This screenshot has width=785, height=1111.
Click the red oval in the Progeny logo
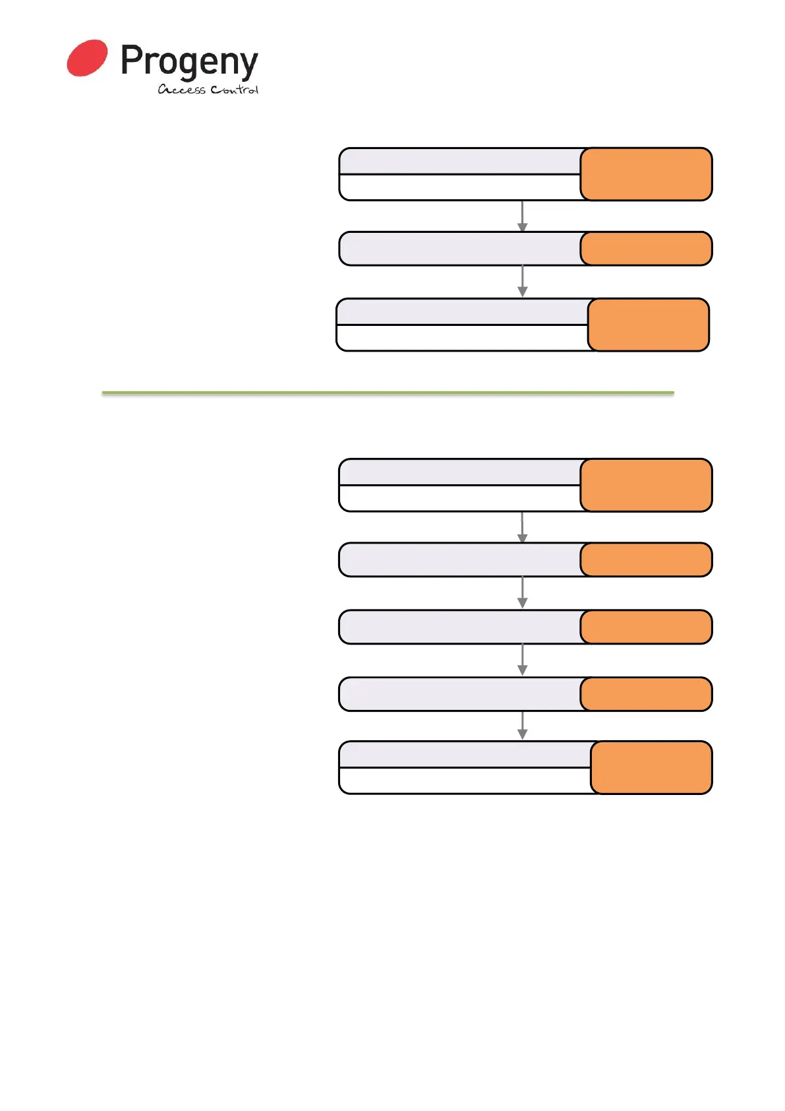87,58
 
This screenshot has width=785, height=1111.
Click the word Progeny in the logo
189,63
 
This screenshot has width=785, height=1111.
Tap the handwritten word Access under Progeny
181,90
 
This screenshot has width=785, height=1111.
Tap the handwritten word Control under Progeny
234,90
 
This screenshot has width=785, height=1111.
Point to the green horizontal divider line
388,393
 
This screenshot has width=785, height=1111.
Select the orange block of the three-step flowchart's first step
646,174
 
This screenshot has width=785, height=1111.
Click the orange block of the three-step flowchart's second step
646,249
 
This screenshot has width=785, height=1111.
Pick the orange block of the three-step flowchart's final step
648,325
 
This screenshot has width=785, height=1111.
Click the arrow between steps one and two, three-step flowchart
522,216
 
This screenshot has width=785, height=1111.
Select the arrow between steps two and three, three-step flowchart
522,282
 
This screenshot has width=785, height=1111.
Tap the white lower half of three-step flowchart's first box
459,187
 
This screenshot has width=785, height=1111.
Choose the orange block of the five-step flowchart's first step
646,485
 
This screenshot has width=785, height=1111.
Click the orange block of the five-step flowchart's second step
646,560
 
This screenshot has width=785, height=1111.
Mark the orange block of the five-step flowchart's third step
646,627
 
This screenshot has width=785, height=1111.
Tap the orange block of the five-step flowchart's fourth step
646,694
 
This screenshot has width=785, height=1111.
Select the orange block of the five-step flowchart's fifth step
651,767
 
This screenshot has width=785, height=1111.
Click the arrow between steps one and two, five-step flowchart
522,527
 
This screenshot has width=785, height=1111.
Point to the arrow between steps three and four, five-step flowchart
522,660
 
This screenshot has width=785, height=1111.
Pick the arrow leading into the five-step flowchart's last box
522,726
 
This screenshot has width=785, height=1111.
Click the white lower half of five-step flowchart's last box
465,780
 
